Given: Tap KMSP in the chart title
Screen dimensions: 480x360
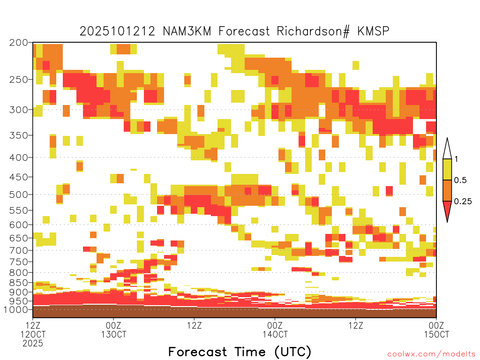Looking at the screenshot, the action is click(373, 31).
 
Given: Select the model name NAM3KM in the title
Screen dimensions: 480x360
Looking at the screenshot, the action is click(187, 31).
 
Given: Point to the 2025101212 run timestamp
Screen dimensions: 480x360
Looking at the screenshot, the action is click(117, 31).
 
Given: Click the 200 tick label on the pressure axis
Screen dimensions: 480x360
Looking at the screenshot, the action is click(19, 43).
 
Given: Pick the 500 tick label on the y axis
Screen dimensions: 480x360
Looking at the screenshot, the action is click(19, 195).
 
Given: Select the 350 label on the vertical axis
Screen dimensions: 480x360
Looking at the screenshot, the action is click(19, 135).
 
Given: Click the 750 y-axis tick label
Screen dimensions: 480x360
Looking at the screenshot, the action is click(19, 262).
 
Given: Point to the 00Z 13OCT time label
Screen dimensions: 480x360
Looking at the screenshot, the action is click(113, 330).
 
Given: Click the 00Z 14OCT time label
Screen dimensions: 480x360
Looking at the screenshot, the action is click(275, 330).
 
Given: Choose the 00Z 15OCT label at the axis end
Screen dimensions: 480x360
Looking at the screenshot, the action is click(436, 330).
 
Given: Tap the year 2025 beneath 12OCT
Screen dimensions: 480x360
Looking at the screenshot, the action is click(33, 344).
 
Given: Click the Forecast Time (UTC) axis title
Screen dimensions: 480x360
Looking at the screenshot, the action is click(240, 352).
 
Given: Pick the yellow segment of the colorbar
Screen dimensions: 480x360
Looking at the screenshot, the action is click(447, 169).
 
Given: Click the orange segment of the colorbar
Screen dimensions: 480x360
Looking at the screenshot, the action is click(447, 190).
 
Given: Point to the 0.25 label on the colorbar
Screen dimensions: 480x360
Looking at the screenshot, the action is click(463, 202).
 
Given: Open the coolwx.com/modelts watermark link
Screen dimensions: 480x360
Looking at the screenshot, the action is click(431, 354).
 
